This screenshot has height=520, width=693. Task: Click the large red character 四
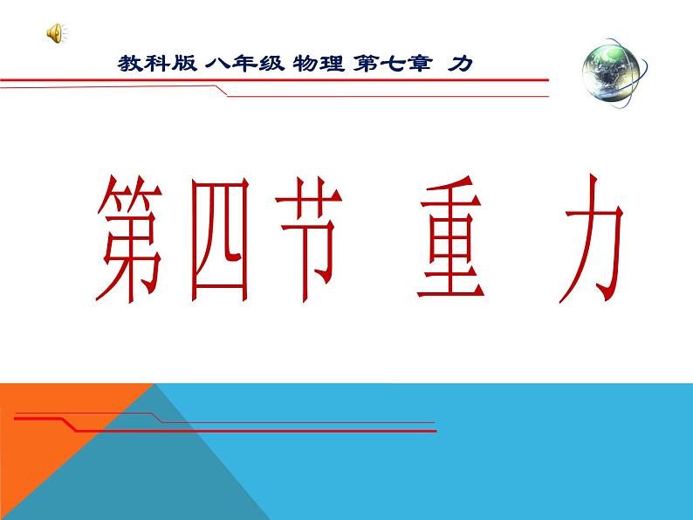click(x=216, y=237)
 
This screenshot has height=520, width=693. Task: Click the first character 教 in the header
click(x=128, y=64)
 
